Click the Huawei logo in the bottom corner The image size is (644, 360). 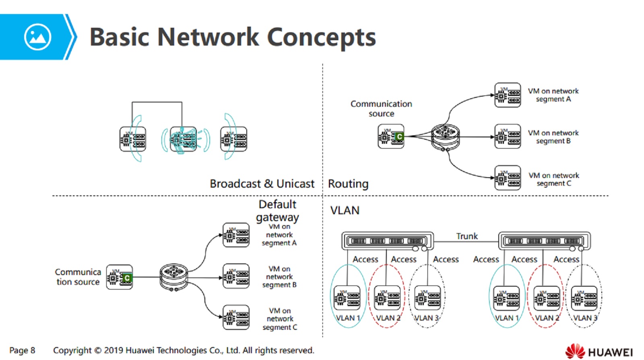point(599,351)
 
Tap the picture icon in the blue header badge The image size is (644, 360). point(37,37)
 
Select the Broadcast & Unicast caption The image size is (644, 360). point(262,184)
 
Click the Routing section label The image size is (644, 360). point(348,184)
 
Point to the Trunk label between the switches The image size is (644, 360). point(466,236)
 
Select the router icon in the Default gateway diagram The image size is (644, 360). point(173,277)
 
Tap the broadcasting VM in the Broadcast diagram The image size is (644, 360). point(184,139)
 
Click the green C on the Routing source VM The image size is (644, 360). point(398,137)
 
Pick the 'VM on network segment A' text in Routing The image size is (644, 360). point(553,95)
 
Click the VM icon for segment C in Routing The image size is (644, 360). point(507,178)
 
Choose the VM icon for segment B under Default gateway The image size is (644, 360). point(236,276)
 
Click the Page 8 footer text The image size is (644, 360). point(22,350)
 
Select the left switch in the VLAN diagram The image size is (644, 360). point(387,241)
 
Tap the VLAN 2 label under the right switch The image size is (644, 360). point(547,318)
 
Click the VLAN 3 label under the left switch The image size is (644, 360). point(427,318)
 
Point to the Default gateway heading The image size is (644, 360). point(277,211)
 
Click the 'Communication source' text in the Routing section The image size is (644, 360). point(381,109)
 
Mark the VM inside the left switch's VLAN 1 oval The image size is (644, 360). point(347,298)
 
